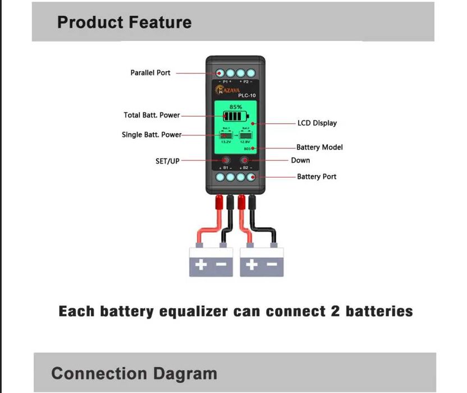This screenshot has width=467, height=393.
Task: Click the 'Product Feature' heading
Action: tap(124, 22)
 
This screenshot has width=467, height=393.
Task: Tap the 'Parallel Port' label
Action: tap(150, 73)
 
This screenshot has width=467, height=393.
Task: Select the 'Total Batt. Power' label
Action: tap(152, 115)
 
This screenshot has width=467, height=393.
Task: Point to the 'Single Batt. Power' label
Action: tap(152, 135)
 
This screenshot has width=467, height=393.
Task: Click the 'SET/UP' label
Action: tap(167, 161)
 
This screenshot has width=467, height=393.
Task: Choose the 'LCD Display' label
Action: tap(317, 123)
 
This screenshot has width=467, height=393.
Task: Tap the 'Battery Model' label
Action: tap(319, 147)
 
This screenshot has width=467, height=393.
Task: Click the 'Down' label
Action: tap(300, 160)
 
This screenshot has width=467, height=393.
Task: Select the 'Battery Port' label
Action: tap(317, 177)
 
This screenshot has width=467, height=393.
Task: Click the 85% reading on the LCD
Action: tap(235, 107)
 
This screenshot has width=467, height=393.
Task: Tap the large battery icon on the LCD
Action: tap(235, 117)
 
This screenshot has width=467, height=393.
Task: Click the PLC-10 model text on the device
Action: tap(246, 96)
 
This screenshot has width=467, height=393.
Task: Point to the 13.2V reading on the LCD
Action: tap(226, 142)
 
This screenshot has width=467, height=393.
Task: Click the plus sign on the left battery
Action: tap(202, 264)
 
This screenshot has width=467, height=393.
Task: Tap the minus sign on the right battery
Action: tap(271, 264)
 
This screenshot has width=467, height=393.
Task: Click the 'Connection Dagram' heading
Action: tap(134, 373)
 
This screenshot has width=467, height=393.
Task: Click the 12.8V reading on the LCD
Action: tap(245, 142)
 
